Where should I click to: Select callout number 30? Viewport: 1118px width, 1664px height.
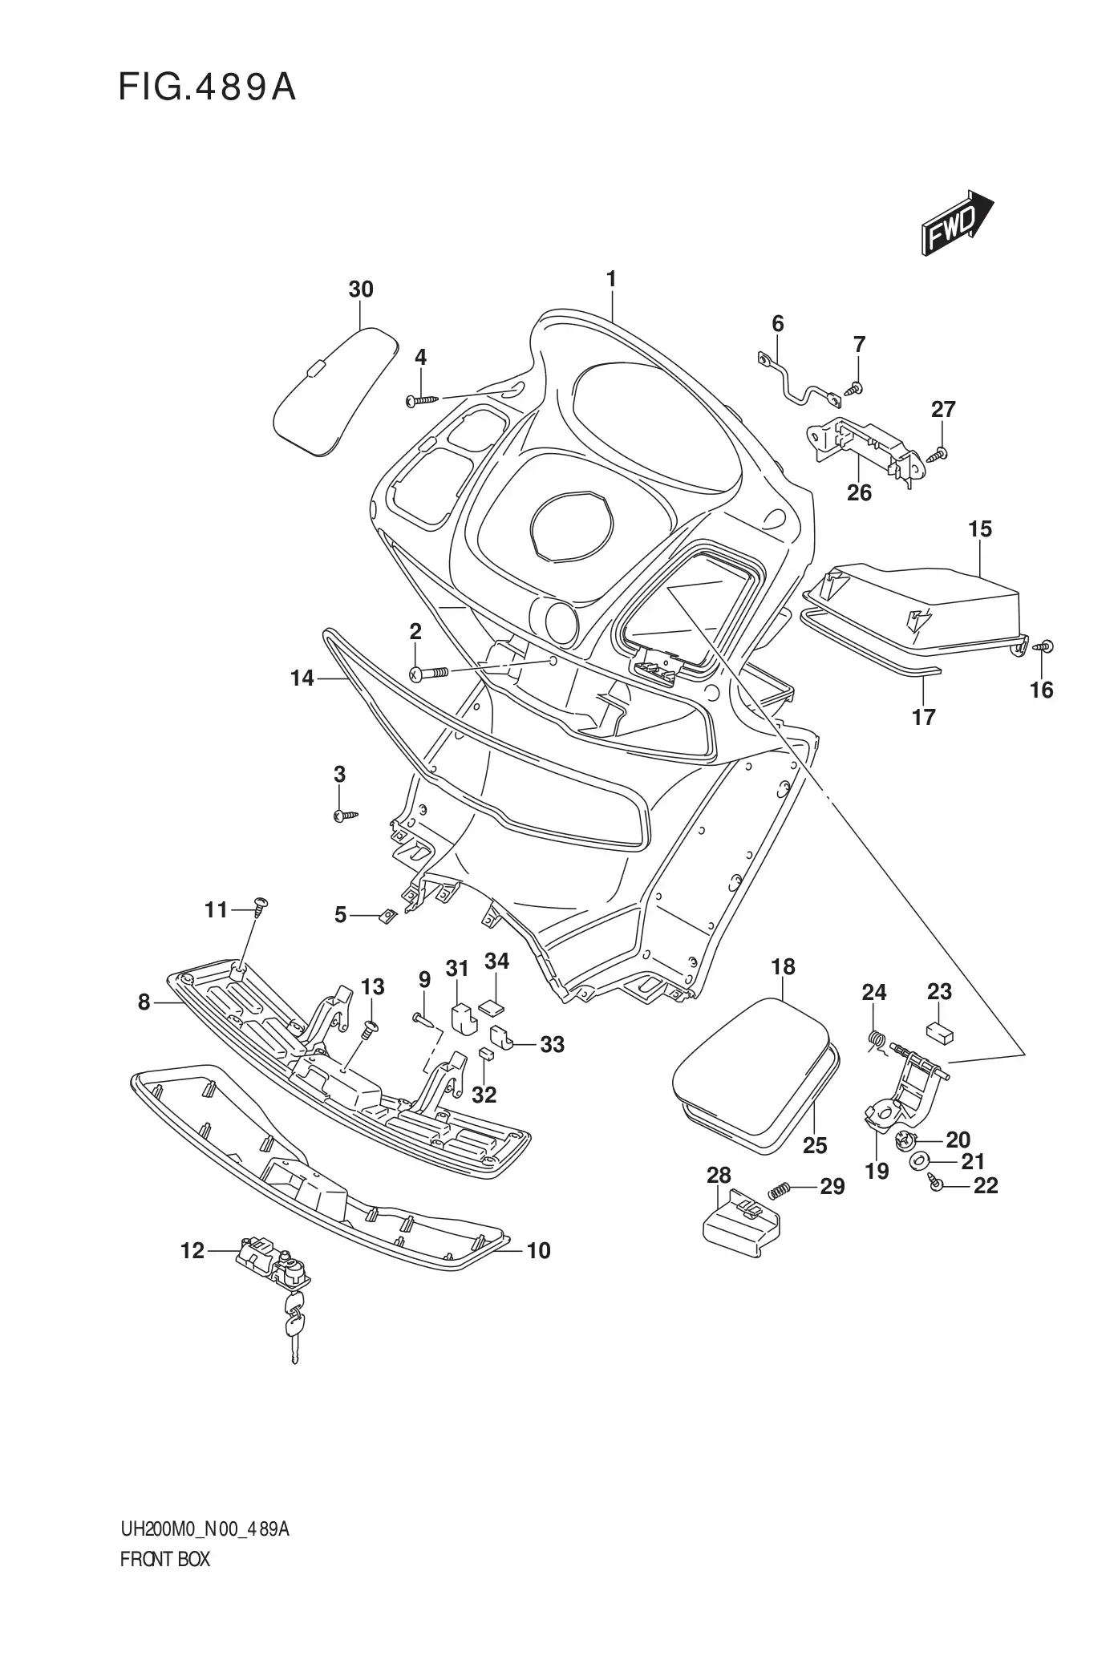click(361, 289)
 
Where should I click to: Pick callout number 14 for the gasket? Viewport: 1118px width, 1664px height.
click(302, 678)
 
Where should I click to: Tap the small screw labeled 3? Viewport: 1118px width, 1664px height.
click(343, 816)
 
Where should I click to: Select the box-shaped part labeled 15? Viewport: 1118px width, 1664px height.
click(922, 605)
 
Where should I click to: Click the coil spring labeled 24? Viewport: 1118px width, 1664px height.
click(876, 1041)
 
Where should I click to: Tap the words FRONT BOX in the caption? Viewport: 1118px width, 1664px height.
click(164, 1560)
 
